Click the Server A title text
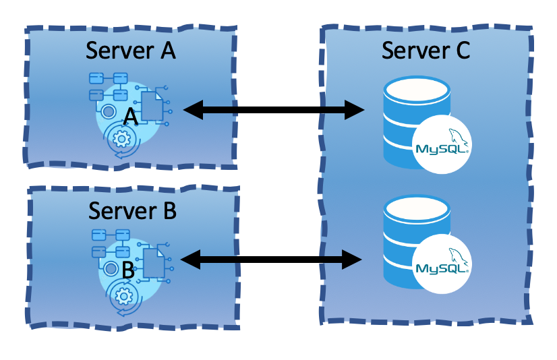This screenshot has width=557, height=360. tap(131, 51)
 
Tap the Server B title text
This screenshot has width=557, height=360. tap(132, 210)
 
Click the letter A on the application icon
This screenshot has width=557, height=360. tap(131, 117)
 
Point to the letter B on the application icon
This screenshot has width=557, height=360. tap(127, 271)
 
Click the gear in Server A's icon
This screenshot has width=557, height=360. tap(122, 140)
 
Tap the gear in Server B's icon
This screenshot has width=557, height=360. tap(123, 295)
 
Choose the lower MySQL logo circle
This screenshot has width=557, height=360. tap(442, 267)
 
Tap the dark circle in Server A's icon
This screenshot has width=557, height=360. tap(108, 111)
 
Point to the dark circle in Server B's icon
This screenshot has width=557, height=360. tap(110, 269)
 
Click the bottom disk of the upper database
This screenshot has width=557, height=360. tap(398, 156)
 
